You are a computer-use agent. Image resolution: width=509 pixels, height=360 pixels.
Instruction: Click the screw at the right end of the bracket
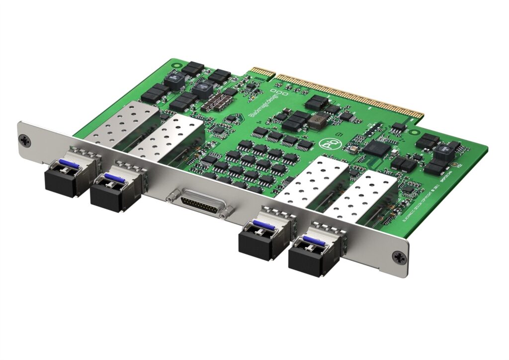click(x=399, y=258)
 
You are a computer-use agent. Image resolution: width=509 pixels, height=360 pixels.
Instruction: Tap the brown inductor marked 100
click(x=316, y=121)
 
